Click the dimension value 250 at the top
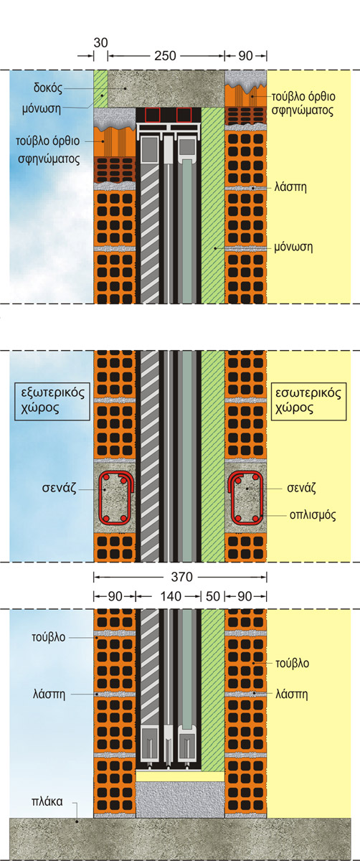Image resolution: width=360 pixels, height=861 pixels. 165,56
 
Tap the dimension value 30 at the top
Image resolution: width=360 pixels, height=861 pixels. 100,42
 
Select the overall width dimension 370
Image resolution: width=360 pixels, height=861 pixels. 181,577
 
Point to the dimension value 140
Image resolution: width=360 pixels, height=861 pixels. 171,596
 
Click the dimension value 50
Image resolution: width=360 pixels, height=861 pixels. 213,596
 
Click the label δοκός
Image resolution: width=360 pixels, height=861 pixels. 47,88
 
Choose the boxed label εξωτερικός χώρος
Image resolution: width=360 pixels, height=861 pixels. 52,401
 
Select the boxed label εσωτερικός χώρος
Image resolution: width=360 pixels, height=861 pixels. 308,401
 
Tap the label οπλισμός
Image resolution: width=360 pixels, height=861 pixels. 313,515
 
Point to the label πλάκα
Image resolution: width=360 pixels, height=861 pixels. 47,801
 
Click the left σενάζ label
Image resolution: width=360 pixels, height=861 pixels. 59,489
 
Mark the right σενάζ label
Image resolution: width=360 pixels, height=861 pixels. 302,488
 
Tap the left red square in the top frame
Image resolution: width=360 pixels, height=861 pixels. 153,115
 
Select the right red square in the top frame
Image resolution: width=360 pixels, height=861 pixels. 184,115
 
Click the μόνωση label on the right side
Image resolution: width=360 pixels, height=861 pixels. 293,247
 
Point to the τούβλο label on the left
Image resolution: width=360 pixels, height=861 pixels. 49,637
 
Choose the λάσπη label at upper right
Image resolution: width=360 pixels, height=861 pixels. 290,187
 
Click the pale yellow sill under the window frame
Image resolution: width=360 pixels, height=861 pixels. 180,776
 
